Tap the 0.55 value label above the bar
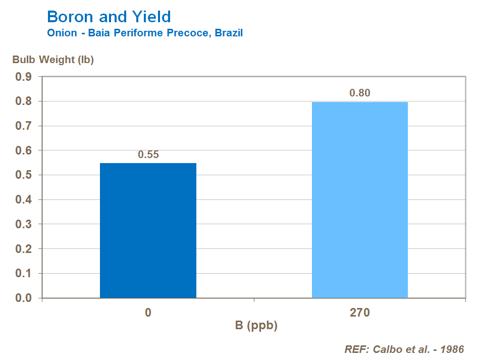coord(148,155)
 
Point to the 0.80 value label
coord(360,93)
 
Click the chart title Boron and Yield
coord(109,17)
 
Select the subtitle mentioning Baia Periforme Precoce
coord(145,33)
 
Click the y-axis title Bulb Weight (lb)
coord(53,60)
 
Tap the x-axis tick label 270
coord(359,313)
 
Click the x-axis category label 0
coord(148,313)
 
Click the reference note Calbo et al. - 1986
coord(404,349)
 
